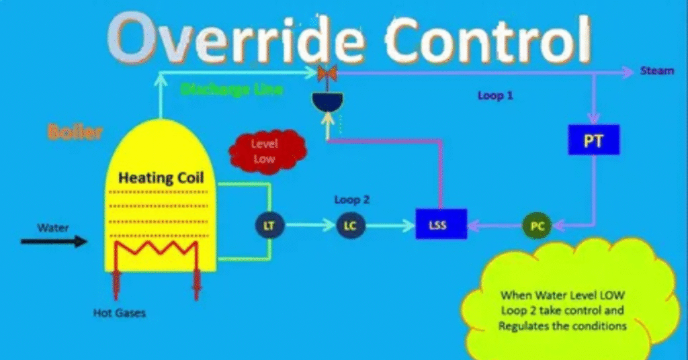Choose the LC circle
350,226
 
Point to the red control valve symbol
327,72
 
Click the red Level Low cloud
267,150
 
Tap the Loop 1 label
495,96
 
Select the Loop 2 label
352,199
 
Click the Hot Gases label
120,313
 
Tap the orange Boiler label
75,132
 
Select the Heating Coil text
161,178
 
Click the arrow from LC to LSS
390,226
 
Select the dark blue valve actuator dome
327,101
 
